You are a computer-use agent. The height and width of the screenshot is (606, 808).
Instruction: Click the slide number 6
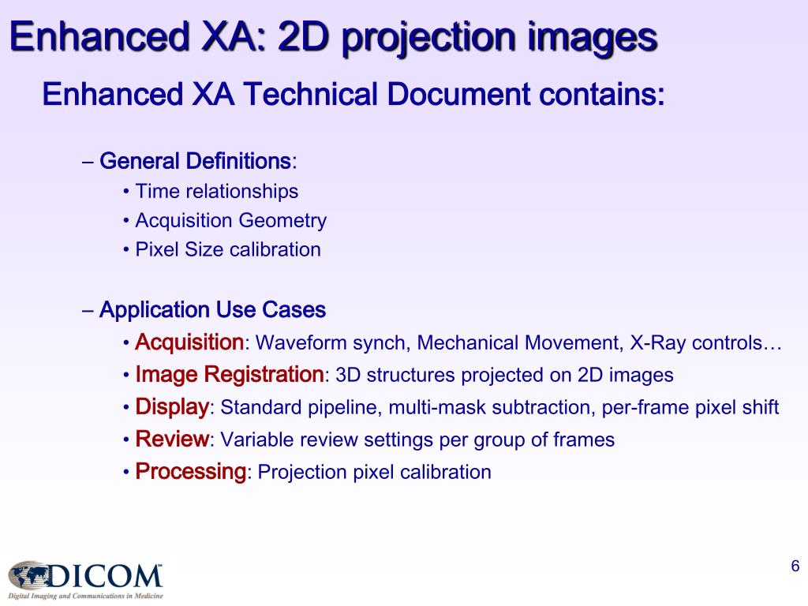pyautogui.click(x=795, y=566)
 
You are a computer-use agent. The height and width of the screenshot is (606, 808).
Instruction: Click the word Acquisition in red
pyautogui.click(x=189, y=342)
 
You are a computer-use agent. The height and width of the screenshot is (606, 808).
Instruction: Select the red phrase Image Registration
pyautogui.click(x=230, y=374)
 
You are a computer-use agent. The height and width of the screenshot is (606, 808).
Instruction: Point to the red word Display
pyautogui.click(x=172, y=407)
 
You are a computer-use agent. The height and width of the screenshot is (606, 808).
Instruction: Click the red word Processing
pyautogui.click(x=191, y=472)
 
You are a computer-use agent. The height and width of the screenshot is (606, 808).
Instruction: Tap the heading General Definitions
pyautogui.click(x=195, y=162)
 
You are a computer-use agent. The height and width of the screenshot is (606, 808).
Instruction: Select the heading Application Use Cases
pyautogui.click(x=212, y=310)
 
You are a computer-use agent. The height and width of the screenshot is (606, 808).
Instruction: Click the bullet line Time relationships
pyautogui.click(x=216, y=191)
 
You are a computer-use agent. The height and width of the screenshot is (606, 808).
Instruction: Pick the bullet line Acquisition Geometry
pyautogui.click(x=230, y=220)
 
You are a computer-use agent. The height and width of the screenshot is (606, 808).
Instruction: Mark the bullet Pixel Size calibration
pyautogui.click(x=227, y=250)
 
